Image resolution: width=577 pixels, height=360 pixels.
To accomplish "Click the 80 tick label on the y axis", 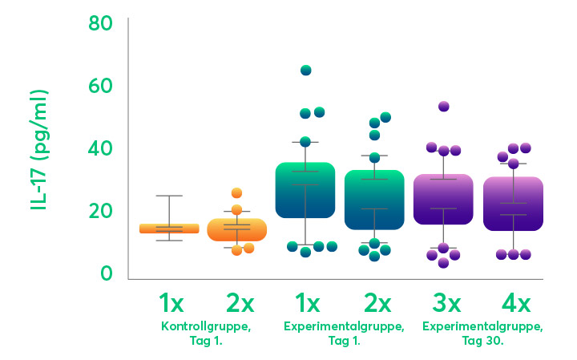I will (101, 23).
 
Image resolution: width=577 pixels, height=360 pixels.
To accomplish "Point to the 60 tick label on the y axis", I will (101, 86).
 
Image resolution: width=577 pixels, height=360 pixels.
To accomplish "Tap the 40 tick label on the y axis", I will (101, 148).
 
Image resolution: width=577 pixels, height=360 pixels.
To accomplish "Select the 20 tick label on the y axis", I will (101, 211).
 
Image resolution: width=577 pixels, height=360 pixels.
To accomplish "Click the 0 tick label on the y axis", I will (107, 273).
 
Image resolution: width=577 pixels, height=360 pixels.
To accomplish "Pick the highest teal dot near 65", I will (306, 71).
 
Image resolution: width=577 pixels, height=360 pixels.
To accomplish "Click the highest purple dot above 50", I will (443, 107).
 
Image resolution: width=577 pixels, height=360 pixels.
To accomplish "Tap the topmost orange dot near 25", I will (236, 193).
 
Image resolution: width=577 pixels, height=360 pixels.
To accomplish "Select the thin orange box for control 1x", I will (169, 229).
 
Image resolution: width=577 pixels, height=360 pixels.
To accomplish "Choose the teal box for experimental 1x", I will (305, 190).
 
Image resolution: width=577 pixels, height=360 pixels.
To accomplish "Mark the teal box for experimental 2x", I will (374, 200).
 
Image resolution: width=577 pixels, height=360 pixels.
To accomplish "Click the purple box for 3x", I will (443, 199).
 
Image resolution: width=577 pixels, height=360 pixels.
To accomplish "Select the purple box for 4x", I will (513, 204).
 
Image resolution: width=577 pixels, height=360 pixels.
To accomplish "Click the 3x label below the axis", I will (444, 305).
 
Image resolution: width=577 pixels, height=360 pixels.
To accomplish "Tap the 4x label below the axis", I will (513, 305).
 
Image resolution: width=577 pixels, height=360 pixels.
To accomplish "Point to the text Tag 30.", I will (482, 342).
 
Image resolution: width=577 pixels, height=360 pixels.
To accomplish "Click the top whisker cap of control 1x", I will (169, 196).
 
